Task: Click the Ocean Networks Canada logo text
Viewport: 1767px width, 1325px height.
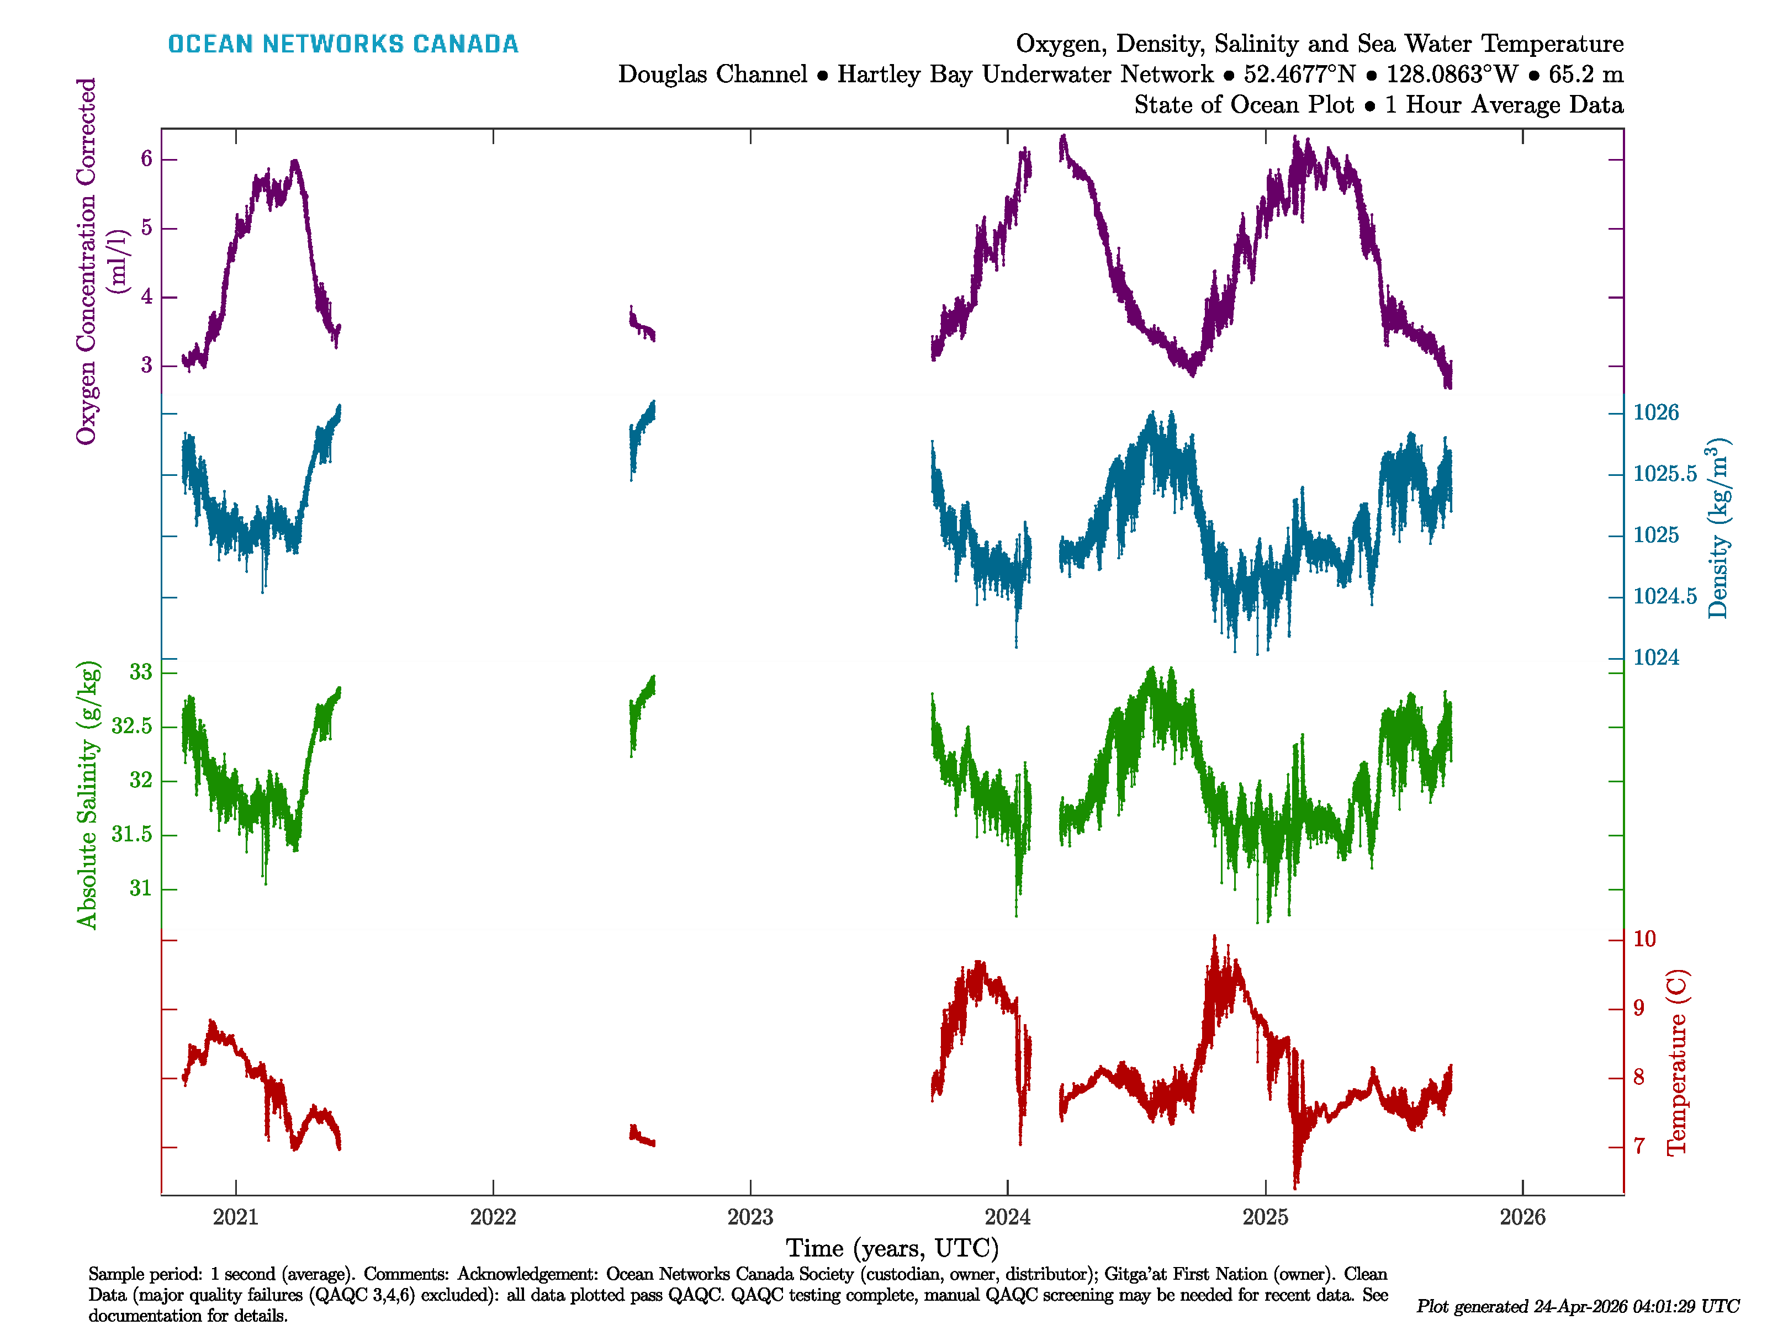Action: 343,44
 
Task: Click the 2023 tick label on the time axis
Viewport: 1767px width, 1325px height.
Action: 750,1217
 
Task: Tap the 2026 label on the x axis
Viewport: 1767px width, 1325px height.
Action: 1522,1217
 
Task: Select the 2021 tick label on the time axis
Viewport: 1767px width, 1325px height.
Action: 236,1217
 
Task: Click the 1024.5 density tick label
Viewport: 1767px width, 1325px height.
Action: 1665,597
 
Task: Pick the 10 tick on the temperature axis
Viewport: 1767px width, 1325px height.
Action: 1644,939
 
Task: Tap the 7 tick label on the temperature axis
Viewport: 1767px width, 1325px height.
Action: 1638,1147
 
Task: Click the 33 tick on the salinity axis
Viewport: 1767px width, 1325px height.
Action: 141,672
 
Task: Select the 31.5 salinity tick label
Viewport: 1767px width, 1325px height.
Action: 132,835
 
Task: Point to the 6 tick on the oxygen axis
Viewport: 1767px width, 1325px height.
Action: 146,159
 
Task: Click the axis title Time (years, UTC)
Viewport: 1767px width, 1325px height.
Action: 892,1248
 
